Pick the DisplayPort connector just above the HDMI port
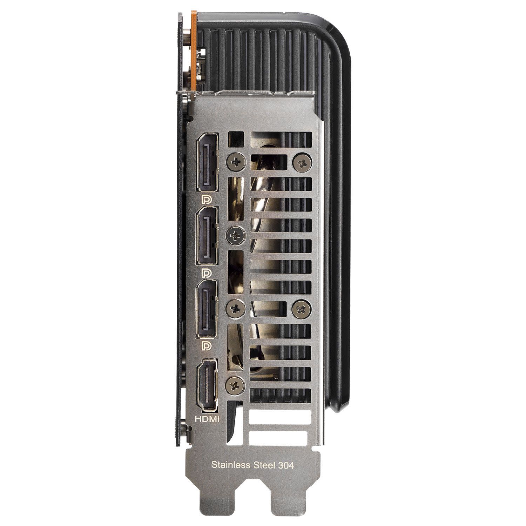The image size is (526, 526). pos(207,310)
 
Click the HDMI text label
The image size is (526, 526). pos(207,419)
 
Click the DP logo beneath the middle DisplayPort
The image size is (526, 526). pos(207,273)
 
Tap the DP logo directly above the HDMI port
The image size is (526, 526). pos(207,346)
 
